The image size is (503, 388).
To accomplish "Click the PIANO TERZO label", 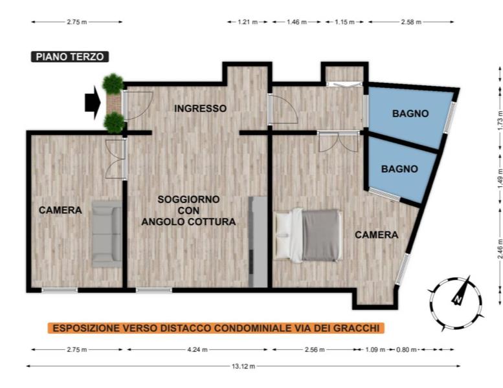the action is pos(70,57).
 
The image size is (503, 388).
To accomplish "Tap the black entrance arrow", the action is pos(93,103).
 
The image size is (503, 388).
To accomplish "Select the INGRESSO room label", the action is pos(201,109).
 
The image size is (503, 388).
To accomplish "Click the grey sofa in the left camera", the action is pos(107,234).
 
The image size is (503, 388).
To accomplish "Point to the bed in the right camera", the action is pos(308,235).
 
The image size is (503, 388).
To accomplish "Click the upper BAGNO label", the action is pos(410,113).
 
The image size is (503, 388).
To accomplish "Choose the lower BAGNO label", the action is pos(399,169).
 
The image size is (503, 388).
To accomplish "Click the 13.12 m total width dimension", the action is pos(243,366).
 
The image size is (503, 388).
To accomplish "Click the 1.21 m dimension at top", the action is pos(248,22).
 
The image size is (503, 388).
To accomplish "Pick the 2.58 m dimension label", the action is pos(411,22).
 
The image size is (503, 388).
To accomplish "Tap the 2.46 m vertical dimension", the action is pos(500,250).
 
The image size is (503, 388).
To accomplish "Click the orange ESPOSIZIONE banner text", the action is pos(216,328).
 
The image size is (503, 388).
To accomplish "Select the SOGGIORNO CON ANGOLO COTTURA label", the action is pos(188,211).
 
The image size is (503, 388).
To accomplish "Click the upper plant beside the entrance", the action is pos(113,83).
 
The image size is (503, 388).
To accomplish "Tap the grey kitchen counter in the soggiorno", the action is pos(258,242).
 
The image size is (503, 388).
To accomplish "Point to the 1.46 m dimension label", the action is pos(296,22).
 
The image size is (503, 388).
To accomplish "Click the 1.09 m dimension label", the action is pos(375,350).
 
